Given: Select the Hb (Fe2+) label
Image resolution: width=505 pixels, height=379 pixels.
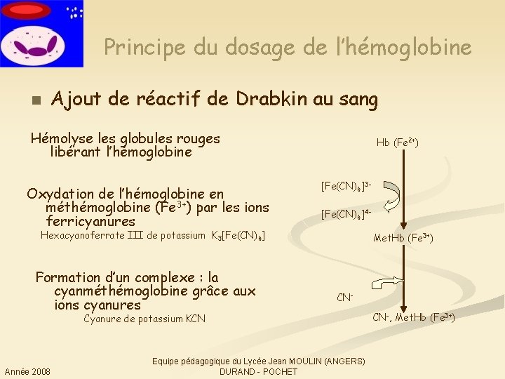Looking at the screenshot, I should pos(397,142).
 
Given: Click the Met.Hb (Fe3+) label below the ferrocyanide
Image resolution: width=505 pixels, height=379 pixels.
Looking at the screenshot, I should pos(403,239).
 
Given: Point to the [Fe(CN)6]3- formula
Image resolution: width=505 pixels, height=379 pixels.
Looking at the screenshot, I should pos(346,187).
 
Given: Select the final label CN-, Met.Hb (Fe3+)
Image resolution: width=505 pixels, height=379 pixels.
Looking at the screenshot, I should pos(414,318).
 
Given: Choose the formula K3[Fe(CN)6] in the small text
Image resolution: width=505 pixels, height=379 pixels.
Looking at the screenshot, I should pos(238,236).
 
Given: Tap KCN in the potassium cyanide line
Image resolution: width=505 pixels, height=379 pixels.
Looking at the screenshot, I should pos(196,319).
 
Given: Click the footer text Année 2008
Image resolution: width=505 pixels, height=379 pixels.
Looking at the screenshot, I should pos(27,371).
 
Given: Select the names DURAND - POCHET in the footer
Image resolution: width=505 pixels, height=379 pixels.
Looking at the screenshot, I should pos(258,371).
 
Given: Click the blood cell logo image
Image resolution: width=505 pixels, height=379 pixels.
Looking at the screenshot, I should pos(41,34).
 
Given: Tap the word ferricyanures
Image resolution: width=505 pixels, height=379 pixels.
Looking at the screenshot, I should pos(90,222).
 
